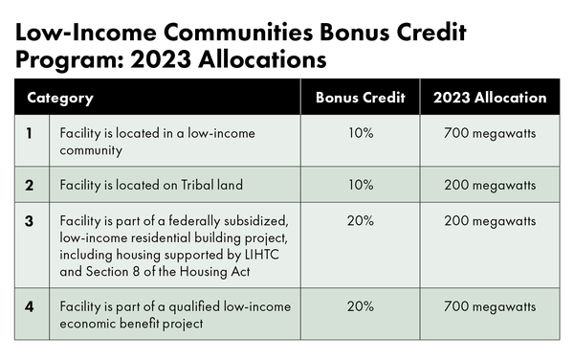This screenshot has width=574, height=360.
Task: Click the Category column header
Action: tap(60, 99)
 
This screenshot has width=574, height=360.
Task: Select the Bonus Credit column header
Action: tap(361, 98)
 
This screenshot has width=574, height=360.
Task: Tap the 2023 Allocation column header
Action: tap(490, 98)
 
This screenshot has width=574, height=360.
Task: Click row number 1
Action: tap(30, 133)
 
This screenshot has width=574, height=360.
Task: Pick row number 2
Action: tap(30, 186)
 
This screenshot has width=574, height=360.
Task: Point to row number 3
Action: tap(30, 221)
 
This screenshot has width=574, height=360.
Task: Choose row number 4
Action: tap(30, 306)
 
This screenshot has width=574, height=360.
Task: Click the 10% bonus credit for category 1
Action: tap(361, 133)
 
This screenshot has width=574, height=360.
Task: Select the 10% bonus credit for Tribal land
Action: tap(361, 185)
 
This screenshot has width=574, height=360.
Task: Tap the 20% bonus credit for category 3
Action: tap(361, 221)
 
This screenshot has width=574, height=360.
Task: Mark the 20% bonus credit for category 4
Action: tap(361, 306)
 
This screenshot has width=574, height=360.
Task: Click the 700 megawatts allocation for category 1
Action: tap(490, 133)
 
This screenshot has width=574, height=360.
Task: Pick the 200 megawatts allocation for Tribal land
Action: tap(490, 186)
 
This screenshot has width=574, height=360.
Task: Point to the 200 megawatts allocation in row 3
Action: tap(490, 221)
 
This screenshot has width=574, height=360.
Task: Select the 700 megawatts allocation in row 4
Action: tap(490, 307)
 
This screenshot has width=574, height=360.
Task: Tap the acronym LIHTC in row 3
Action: tap(262, 255)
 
